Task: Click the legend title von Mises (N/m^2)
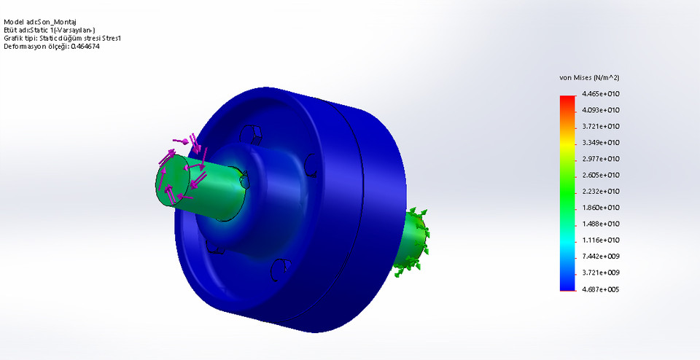pos(588,77)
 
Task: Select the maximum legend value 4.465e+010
pos(600,94)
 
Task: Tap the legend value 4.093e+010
pos(600,110)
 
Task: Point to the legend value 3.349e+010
pos(600,143)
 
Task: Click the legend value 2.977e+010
pos(600,159)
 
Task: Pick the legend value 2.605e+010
pos(600,175)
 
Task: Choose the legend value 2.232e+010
pos(600,192)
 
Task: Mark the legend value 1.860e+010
pos(600,208)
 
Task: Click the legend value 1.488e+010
pos(600,224)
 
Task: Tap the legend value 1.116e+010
pos(600,240)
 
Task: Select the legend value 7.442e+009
pos(600,257)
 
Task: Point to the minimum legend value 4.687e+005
pos(600,289)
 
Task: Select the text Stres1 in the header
pos(109,38)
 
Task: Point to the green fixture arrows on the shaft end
pos(413,240)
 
